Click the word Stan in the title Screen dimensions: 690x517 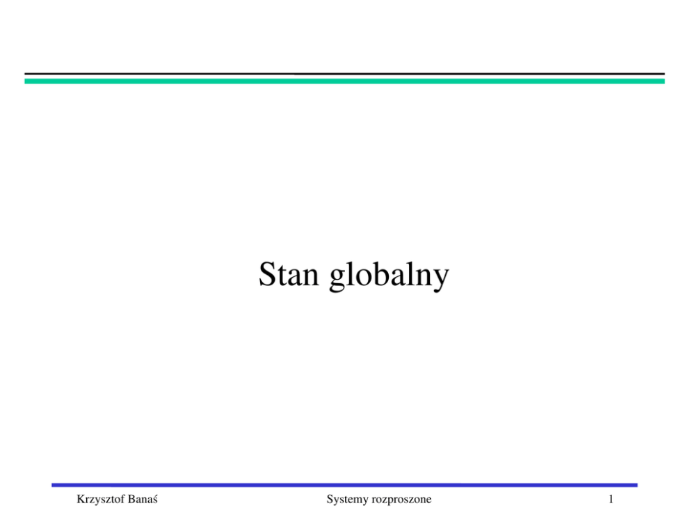point(289,274)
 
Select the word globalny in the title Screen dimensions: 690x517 point(389,276)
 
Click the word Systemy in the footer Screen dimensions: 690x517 point(347,500)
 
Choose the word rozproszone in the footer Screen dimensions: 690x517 point(401,500)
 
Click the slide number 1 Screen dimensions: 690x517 point(611,499)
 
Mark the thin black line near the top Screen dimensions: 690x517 point(344,74)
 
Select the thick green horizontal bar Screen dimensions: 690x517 point(344,81)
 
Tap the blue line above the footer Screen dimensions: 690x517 point(344,485)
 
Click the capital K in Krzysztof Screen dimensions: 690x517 point(81,499)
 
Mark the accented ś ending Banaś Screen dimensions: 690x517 point(155,500)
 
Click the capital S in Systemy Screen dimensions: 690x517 point(330,499)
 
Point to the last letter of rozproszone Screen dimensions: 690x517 point(429,501)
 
